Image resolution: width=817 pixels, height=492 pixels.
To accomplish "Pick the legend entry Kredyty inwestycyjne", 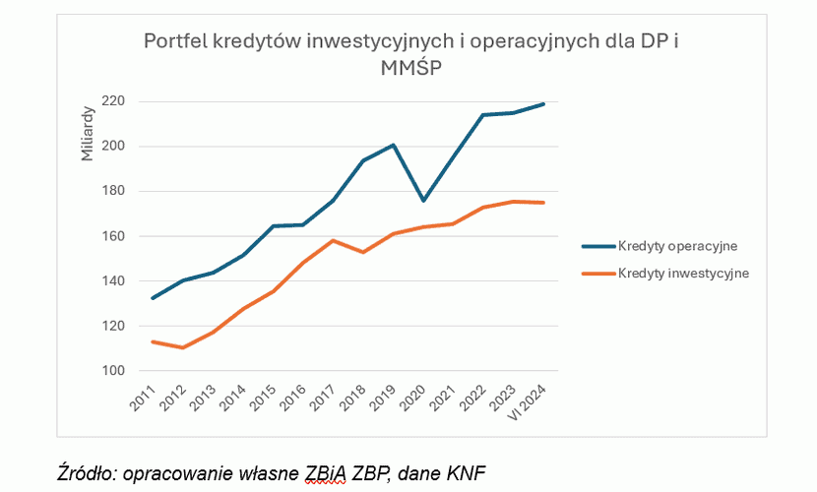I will point(683,274).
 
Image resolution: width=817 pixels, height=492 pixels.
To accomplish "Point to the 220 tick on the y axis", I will point(113,101).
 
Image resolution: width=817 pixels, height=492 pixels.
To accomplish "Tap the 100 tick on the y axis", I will point(113,371).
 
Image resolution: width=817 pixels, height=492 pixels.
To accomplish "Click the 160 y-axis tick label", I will point(113,236).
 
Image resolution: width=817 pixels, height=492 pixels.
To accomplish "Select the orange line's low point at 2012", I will point(183,347).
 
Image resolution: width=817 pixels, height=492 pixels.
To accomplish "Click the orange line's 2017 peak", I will point(334,240).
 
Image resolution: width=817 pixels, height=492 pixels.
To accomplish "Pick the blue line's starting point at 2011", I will point(152,298).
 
